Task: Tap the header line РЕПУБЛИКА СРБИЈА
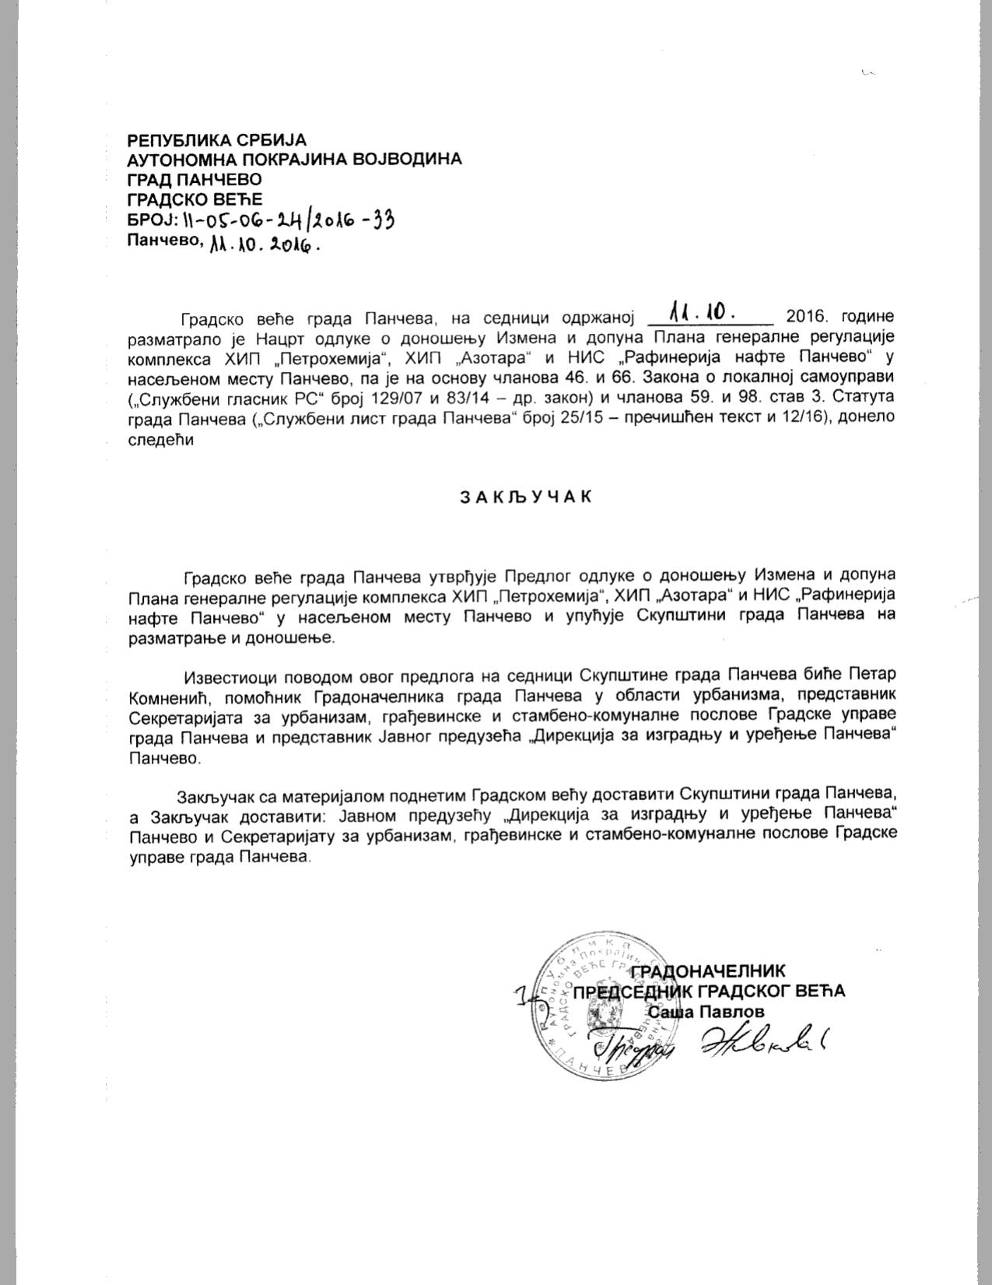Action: [217, 140]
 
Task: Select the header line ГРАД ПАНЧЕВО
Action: [195, 179]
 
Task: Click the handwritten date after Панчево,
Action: [262, 244]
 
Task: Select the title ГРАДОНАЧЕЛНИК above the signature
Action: [707, 971]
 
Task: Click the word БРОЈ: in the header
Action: [152, 219]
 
